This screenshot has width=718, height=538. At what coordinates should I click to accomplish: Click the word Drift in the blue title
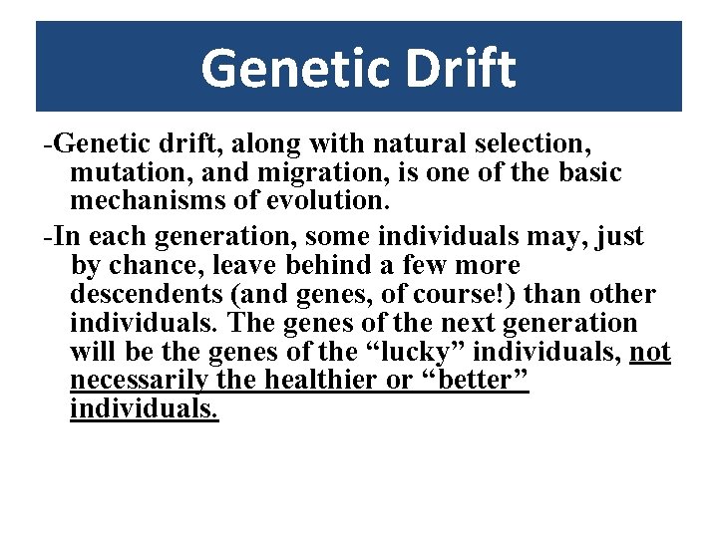point(458,68)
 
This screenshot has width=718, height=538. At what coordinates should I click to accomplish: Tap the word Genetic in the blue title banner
point(292,68)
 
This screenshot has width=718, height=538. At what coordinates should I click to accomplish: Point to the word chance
point(156,267)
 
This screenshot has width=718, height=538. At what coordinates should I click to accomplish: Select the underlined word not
point(650,352)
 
